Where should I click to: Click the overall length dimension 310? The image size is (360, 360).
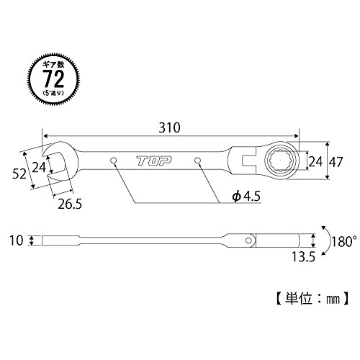(x=169, y=127)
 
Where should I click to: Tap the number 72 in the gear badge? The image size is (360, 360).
(x=54, y=79)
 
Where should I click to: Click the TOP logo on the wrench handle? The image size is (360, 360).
(x=154, y=161)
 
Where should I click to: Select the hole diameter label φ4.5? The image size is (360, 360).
(x=246, y=197)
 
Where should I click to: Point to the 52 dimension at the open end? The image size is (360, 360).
(x=19, y=174)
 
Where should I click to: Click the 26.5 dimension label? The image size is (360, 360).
(x=70, y=204)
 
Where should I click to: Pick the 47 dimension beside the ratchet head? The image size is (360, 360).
(x=336, y=163)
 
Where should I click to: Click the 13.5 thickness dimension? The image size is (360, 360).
(x=303, y=257)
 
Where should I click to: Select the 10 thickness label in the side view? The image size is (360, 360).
(x=17, y=240)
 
